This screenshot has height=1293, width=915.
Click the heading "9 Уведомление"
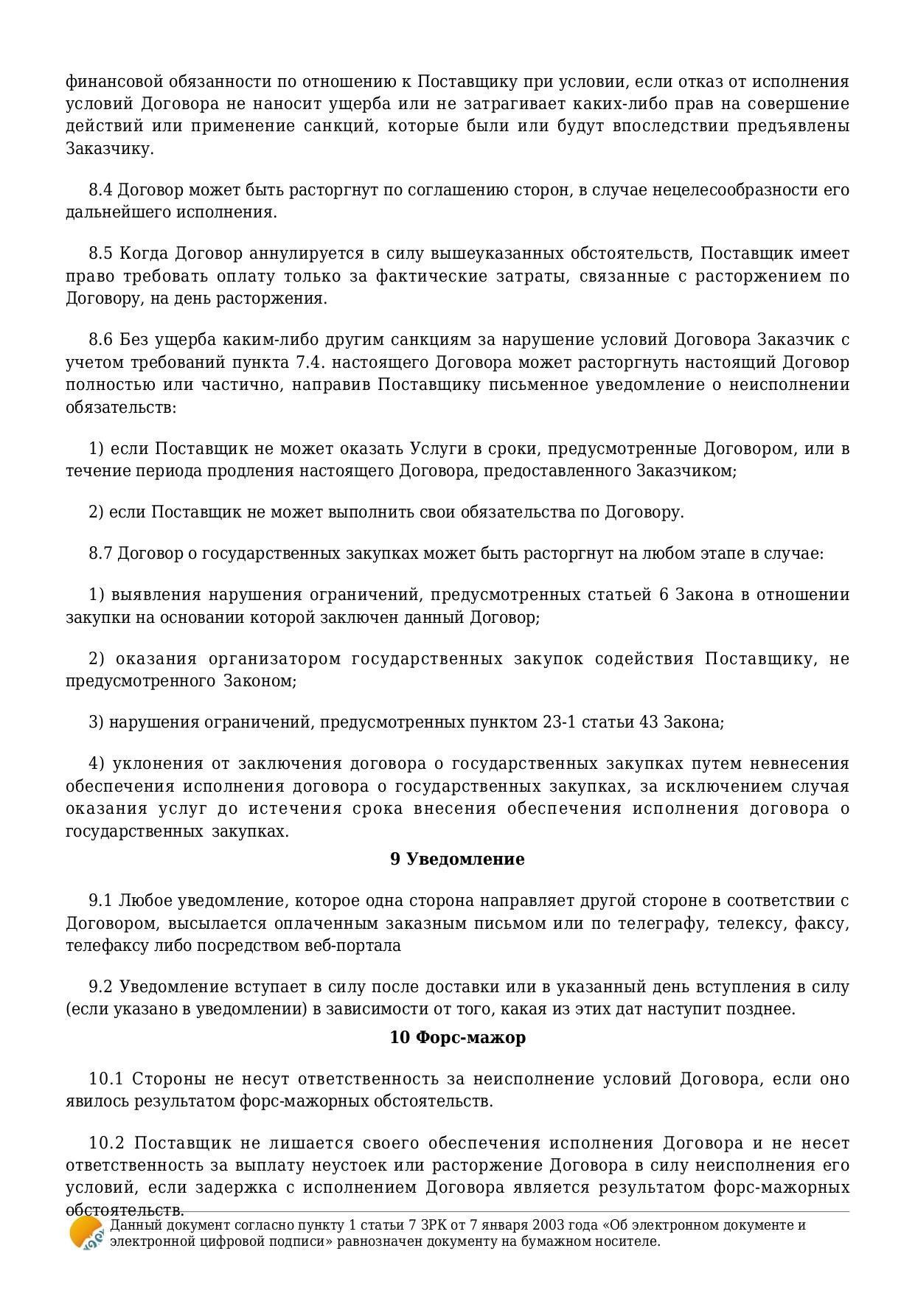point(457,859)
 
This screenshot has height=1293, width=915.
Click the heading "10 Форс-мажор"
point(457,1037)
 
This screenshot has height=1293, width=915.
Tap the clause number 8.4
point(100,190)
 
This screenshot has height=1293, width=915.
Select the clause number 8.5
point(100,254)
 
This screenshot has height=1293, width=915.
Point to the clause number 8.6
point(100,340)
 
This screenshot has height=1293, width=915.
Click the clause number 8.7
point(100,553)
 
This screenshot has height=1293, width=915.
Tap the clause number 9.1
point(100,901)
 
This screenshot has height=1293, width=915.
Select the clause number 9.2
point(100,986)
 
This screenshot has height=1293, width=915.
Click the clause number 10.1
point(105,1079)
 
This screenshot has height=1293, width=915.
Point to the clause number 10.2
point(105,1143)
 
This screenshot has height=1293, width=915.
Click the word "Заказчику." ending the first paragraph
point(110,148)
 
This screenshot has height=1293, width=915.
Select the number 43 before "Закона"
point(649,722)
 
